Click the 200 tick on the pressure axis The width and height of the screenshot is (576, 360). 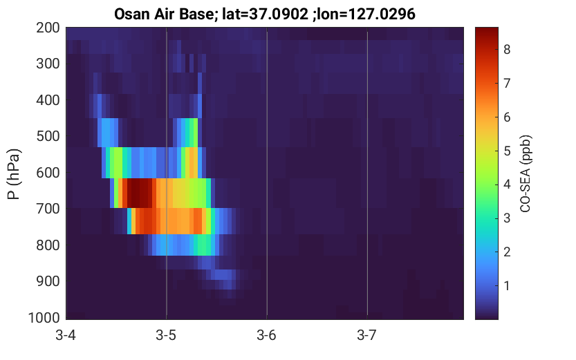click(x=48, y=28)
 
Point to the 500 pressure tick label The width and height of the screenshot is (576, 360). click(x=48, y=137)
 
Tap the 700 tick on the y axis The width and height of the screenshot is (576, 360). click(x=48, y=209)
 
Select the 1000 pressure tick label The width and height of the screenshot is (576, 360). click(x=44, y=318)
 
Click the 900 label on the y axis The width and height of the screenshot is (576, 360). click(x=48, y=281)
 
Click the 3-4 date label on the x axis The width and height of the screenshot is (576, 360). click(x=66, y=335)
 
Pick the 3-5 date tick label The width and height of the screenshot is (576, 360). click(x=166, y=335)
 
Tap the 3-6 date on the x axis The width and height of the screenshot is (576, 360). click(x=266, y=335)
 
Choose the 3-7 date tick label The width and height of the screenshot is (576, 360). click(x=366, y=335)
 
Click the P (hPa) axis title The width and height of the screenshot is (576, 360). click(x=14, y=174)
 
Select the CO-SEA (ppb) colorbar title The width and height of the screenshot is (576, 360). click(x=526, y=174)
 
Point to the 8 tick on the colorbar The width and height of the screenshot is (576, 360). click(x=507, y=50)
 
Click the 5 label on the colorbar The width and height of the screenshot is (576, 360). click(x=507, y=151)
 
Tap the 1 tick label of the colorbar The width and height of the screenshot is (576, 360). click(x=507, y=286)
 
